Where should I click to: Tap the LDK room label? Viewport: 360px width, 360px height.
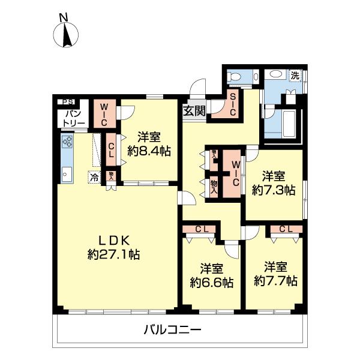pos(113,236)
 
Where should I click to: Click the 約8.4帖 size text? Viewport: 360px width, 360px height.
pos(150,151)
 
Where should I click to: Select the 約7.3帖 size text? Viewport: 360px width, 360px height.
pos(273,190)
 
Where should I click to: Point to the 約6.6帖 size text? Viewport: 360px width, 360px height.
pos(212,281)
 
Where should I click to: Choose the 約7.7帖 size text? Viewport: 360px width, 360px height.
pos(275,280)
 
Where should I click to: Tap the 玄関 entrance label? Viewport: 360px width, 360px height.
pos(194,110)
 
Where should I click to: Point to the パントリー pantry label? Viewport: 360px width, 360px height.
pos(73,118)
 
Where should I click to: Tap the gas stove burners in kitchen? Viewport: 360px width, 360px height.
pos(67,142)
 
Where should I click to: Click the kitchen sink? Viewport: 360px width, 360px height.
pos(66,174)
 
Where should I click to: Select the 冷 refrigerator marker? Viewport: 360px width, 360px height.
pos(94,176)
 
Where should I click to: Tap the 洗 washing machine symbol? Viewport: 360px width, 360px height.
pos(295,76)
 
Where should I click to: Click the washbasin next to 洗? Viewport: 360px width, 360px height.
pos(277,75)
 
